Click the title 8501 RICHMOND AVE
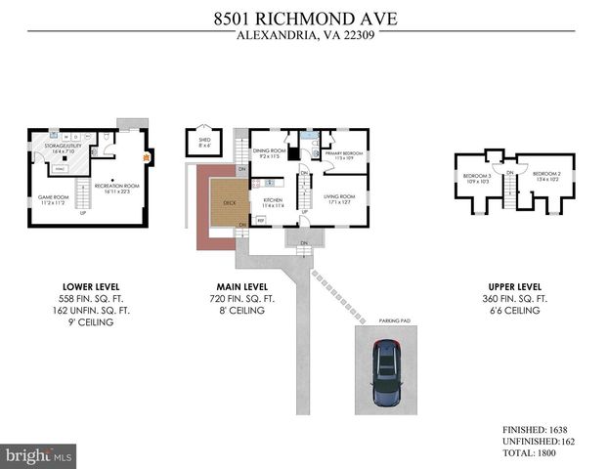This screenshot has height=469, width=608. pyautogui.click(x=304, y=17)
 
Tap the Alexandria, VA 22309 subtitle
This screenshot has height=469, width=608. pyautogui.click(x=304, y=37)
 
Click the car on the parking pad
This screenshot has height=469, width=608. pyautogui.click(x=389, y=375)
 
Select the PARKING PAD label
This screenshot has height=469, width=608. pyautogui.click(x=388, y=320)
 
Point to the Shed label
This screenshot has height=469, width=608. pyautogui.click(x=204, y=143)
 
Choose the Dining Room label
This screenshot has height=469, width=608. pyautogui.click(x=269, y=152)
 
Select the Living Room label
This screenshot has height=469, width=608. pyautogui.click(x=339, y=198)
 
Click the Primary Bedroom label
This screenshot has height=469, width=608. pyautogui.click(x=344, y=154)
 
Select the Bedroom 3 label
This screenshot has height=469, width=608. pyautogui.click(x=475, y=178)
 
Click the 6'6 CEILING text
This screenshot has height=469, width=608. pyautogui.click(x=514, y=310)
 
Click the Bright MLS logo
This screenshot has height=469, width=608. pyautogui.click(x=39, y=455)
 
